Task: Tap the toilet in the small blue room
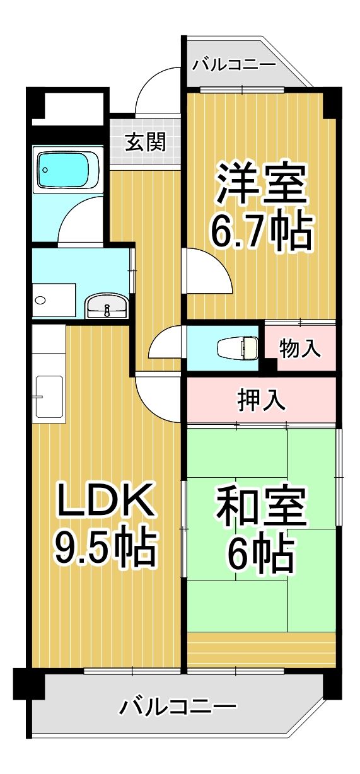coord(238,347)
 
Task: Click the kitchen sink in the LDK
coord(49,396)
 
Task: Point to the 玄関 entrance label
coord(144,142)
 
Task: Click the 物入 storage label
coord(299,349)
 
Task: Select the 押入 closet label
coord(261,400)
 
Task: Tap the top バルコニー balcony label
coord(234,64)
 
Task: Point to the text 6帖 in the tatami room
coord(262,553)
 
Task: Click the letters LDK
coord(104,501)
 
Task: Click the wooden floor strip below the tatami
coord(261,650)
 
